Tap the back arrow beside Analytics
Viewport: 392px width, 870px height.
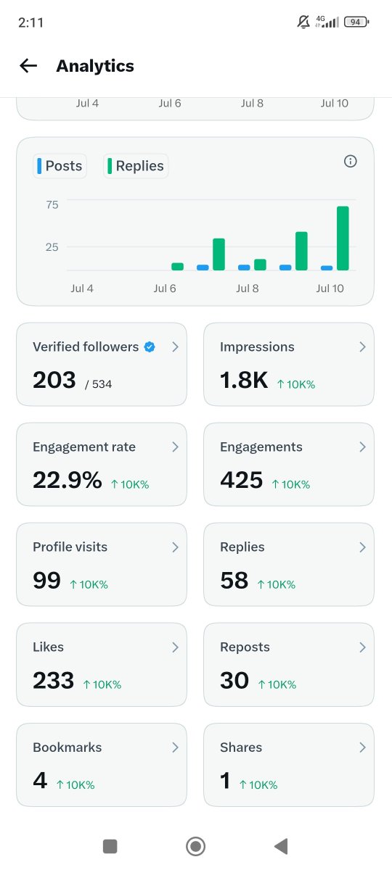pos(28,66)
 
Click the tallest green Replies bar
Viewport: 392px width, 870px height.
pos(343,238)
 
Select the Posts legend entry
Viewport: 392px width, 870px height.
pos(60,166)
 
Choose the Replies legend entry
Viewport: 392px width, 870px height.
pos(136,166)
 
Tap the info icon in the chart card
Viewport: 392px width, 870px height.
pos(351,161)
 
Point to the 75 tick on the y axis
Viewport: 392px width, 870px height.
pos(52,204)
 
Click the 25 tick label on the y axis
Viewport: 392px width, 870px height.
pos(52,247)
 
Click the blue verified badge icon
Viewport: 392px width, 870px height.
pos(150,347)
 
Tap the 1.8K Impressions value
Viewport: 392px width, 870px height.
pos(244,380)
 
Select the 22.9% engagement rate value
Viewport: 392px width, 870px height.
pos(68,480)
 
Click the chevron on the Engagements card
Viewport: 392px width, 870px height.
pos(362,447)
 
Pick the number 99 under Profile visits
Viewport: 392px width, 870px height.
pos(46,580)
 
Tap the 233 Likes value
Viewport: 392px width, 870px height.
pos(53,681)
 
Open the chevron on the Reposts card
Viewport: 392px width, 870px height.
pos(362,647)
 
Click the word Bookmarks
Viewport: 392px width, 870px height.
pos(68,747)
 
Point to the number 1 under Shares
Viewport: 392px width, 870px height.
pos(225,781)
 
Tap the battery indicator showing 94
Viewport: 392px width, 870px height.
pos(356,22)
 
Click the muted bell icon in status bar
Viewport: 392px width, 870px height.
pos(303,22)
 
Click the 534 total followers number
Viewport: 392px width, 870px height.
pos(102,384)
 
